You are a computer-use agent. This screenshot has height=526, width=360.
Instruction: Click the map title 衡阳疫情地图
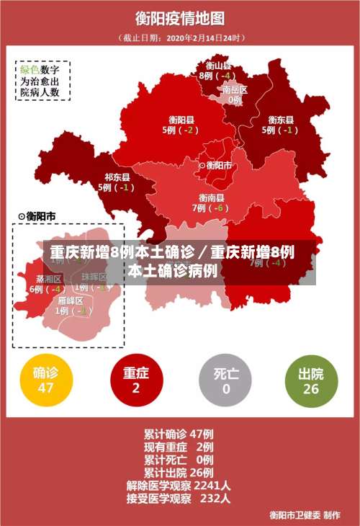(x=180, y=18)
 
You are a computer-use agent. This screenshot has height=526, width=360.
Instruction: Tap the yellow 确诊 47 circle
(x=45, y=380)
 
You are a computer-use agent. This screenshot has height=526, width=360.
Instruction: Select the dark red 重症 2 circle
(x=136, y=380)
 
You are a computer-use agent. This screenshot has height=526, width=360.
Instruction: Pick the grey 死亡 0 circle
(x=226, y=380)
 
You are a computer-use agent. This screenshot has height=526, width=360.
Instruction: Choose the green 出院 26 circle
(x=311, y=380)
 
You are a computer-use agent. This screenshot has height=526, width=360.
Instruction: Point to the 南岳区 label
(x=235, y=90)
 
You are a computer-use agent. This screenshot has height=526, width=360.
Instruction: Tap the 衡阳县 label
(x=181, y=120)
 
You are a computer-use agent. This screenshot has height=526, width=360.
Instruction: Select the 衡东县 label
(x=281, y=120)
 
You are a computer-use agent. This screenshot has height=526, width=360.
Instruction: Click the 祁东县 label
(x=117, y=177)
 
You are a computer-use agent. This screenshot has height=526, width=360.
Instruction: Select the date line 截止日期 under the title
(x=180, y=37)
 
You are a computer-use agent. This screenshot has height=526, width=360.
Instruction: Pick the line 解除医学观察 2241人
(x=179, y=485)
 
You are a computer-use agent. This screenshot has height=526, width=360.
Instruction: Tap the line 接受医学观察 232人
(x=179, y=498)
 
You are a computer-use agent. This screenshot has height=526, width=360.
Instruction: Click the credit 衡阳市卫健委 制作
(x=305, y=514)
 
